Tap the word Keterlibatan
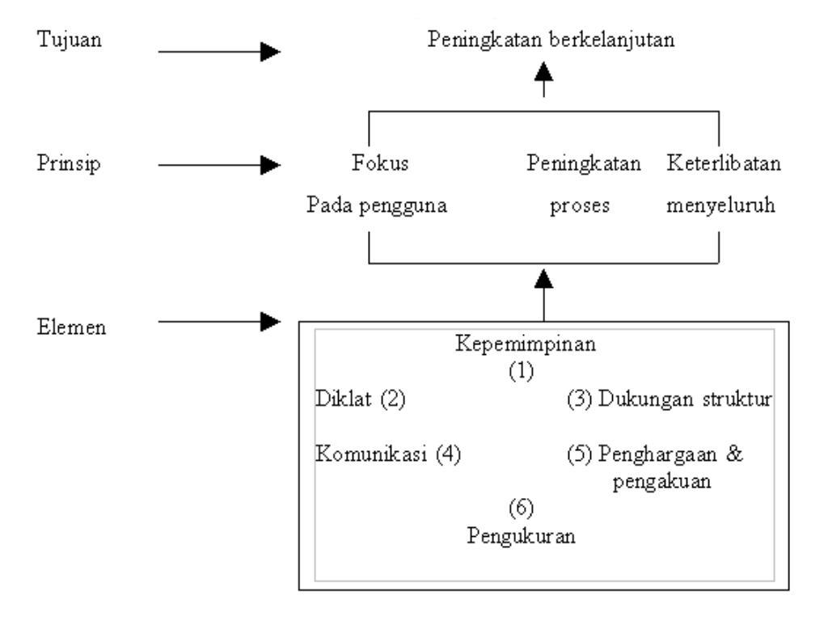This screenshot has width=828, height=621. coord(724,164)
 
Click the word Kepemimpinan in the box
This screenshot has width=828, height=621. coord(526,344)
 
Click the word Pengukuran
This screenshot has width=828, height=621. coord(522,535)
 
